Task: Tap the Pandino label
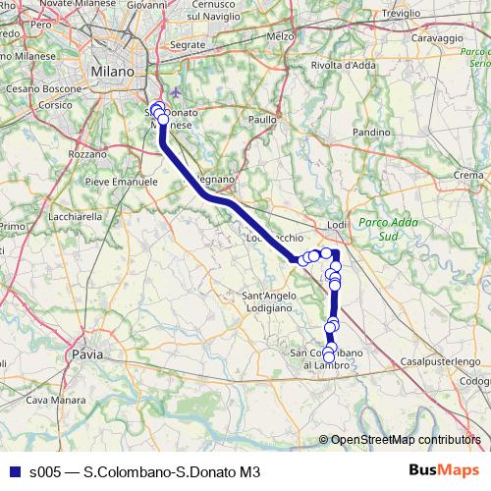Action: point(372,132)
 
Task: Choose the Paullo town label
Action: point(262,119)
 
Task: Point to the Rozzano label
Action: point(87,154)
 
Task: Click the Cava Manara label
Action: point(50,400)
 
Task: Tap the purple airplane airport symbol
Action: point(176,93)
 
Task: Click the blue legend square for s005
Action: point(14,471)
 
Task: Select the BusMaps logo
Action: point(444,470)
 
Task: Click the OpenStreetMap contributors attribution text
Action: point(405,440)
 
